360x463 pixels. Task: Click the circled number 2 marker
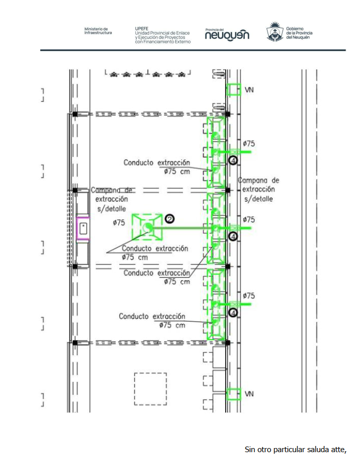point(169,219)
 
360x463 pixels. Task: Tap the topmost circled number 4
point(233,161)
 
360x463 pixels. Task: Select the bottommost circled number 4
point(233,313)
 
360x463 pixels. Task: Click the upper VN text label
point(249,90)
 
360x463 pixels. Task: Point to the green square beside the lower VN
point(233,394)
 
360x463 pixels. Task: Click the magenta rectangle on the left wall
point(83,229)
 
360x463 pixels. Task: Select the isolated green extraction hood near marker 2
point(147,227)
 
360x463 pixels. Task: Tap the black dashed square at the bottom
point(150,389)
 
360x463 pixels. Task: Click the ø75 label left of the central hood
point(119,222)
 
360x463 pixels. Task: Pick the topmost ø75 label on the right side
point(249,144)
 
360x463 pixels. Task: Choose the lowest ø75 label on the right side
point(249,296)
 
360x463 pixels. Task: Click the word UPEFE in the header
point(142,28)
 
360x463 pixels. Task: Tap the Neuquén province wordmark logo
point(227,35)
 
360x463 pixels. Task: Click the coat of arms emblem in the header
point(275,31)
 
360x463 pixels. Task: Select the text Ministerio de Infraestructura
point(98,31)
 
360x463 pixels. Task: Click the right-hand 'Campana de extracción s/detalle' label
point(259,189)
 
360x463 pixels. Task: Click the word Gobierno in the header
point(295,29)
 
